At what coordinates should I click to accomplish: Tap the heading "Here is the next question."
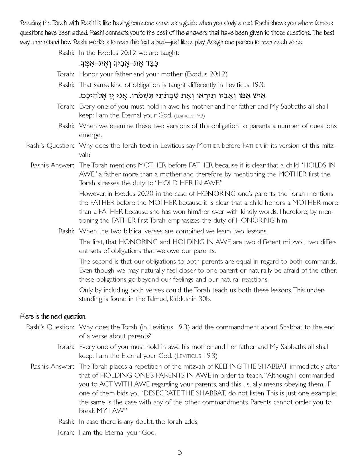[x=53, y=316]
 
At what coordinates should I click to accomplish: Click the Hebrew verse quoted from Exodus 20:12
[x=118, y=64]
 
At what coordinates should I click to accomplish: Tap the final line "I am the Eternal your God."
[x=117, y=433]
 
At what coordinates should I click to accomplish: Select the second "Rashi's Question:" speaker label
[x=50, y=327]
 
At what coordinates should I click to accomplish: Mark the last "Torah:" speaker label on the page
[x=66, y=433]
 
